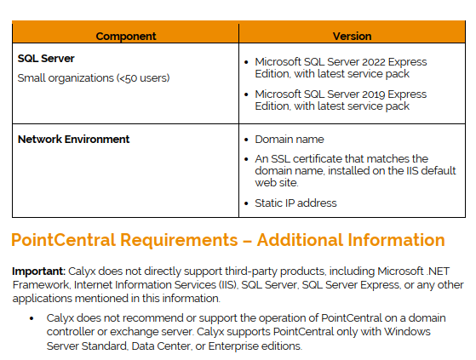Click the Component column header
click(126, 36)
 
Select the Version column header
click(352, 36)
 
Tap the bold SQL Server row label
click(46, 58)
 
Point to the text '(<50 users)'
click(143, 78)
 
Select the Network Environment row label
click(74, 140)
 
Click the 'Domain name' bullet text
click(290, 140)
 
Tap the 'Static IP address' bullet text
click(295, 203)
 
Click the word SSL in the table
click(280, 158)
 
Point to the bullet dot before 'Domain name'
click(246, 140)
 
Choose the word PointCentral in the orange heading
click(64, 240)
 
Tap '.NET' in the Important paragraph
click(438, 271)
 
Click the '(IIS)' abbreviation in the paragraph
click(227, 285)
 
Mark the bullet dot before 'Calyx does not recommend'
click(32, 318)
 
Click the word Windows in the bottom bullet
click(407, 332)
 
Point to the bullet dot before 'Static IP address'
click(246, 203)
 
